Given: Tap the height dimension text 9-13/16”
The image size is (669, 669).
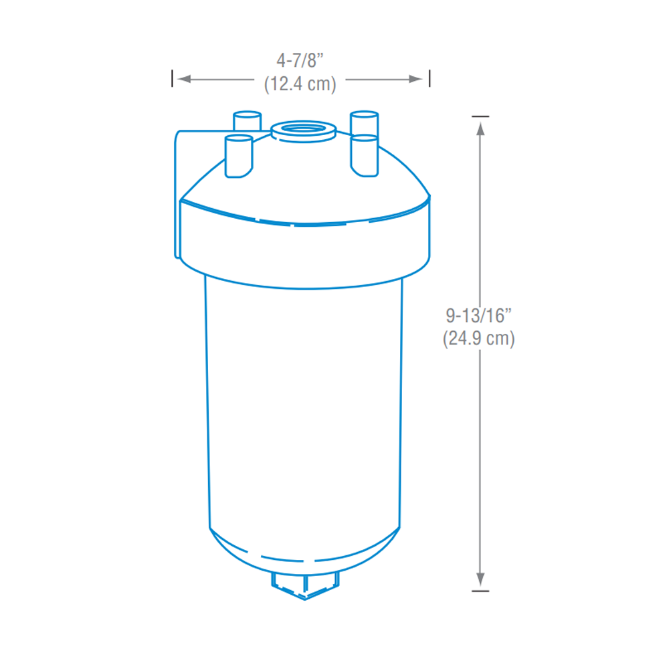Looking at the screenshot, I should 478,314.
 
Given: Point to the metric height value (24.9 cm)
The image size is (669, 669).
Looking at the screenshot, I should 478,339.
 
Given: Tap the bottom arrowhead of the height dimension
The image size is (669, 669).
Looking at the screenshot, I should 480,579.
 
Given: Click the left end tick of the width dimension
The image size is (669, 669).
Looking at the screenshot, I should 173,79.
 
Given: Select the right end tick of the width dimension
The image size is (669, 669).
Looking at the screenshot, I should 429,79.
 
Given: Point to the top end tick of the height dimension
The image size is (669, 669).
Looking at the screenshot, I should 480,116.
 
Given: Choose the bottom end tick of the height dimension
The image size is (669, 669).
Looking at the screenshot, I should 480,591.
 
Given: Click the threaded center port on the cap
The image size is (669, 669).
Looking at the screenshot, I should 303,128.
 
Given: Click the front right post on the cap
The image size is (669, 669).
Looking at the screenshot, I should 365,155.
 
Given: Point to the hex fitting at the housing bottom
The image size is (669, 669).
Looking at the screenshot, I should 306,585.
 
